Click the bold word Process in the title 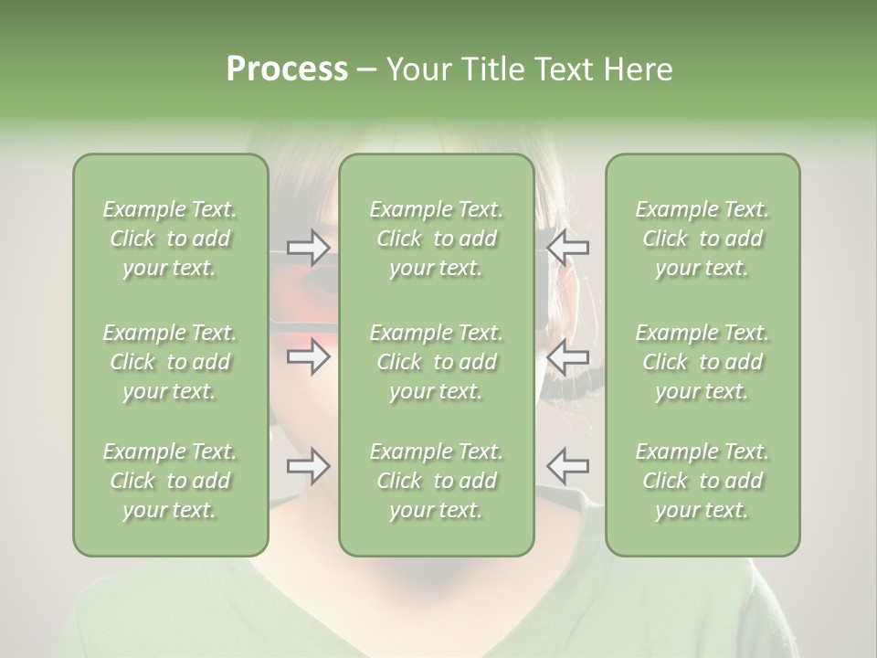tap(287, 69)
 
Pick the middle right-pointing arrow tap(309, 357)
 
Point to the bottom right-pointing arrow tap(309, 467)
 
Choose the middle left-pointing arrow tap(567, 357)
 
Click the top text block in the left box tap(170, 239)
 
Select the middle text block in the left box tap(170, 362)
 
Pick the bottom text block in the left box tap(170, 481)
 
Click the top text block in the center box tap(436, 239)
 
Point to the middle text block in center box tap(436, 362)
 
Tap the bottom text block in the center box tap(436, 481)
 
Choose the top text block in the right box tap(703, 239)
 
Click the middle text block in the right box tap(703, 362)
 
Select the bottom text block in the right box tap(703, 481)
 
